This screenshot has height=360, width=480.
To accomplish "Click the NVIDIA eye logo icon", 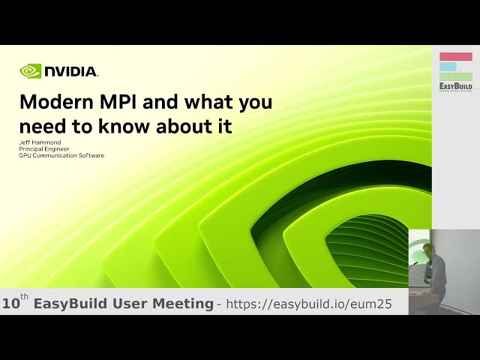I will tap(30, 71).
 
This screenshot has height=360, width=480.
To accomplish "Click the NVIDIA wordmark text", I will tap(70, 72).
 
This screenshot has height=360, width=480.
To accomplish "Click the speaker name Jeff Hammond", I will tap(40, 142).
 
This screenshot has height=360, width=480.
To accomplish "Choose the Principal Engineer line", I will tap(44, 149).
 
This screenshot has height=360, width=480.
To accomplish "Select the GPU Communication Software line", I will tap(61, 155).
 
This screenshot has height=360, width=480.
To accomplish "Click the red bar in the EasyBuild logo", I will tap(455, 56).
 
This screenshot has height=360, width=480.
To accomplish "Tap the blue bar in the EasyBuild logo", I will tap(448, 66).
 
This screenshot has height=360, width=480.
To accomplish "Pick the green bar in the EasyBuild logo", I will tap(455, 76).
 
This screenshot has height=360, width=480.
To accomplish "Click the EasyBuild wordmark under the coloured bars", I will tap(455, 86).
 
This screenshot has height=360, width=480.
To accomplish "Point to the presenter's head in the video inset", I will tap(427, 249).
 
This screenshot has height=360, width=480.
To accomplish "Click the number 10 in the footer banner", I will tap(11, 304).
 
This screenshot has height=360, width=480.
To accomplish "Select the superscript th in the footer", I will tap(25, 298).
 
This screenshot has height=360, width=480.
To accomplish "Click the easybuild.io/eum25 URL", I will tap(309, 304).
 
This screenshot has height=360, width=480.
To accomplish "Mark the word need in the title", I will tap(41, 126).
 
